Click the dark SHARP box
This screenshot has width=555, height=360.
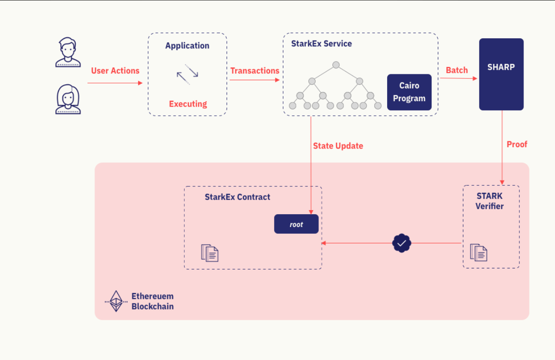tap(501, 74)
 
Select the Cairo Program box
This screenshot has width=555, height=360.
tap(409, 92)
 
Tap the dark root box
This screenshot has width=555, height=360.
tap(296, 224)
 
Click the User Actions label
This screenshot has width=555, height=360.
tap(115, 71)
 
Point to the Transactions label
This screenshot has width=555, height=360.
tap(254, 71)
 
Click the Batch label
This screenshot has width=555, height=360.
tap(456, 70)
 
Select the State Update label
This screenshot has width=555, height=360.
tap(338, 146)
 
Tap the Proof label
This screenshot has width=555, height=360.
tap(517, 144)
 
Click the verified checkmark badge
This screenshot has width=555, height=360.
tap(401, 243)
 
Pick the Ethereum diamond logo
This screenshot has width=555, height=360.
tap(116, 301)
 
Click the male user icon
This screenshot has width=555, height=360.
tap(68, 52)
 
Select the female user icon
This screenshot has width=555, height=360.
tap(68, 99)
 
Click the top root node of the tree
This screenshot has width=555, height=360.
tap(336, 65)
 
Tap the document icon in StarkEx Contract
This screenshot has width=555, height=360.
tap(210, 253)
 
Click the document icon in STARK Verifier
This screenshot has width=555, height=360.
tap(478, 252)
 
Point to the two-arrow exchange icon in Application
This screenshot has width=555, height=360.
tap(187, 74)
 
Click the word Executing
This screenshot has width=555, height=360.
tap(188, 104)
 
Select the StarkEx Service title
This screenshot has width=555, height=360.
tap(322, 44)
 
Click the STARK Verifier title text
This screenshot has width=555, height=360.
tap(489, 201)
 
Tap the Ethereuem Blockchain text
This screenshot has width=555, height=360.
tap(152, 301)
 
